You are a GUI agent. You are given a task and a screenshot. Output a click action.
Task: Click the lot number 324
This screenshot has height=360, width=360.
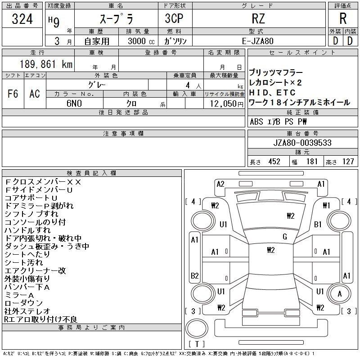tap(22, 19)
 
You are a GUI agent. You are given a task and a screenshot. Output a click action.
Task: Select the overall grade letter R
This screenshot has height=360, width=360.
tap(343, 18)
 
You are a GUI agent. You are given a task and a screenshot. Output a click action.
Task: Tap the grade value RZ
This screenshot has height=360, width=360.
tap(258, 18)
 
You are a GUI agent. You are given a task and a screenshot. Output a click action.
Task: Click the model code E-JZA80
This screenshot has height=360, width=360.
tap(257, 41)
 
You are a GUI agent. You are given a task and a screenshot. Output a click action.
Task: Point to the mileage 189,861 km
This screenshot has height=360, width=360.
tap(46, 64)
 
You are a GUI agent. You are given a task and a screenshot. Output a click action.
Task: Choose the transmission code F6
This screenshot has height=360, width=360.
tap(13, 94)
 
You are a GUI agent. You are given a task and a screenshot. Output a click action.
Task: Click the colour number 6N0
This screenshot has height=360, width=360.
tap(74, 103)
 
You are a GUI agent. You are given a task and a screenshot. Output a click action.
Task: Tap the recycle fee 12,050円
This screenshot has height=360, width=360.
tap(227, 104)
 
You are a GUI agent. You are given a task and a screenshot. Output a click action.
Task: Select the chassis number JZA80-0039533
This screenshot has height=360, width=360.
tap(302, 143)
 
